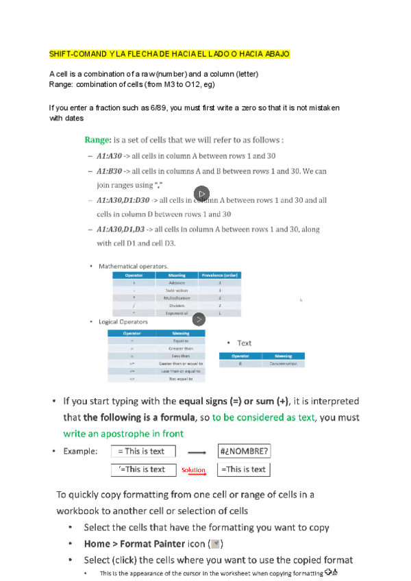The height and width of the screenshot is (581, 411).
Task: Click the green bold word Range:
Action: (x=98, y=140)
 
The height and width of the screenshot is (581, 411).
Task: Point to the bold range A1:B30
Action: (x=109, y=171)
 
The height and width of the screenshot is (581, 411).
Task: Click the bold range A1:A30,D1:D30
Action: (x=123, y=200)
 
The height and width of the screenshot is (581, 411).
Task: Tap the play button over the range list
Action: (x=201, y=193)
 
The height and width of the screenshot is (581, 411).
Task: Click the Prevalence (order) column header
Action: (x=220, y=275)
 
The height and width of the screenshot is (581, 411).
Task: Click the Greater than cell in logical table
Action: (x=176, y=348)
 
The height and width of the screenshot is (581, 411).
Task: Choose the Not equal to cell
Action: (x=176, y=378)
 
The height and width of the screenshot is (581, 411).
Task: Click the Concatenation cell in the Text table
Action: (x=283, y=364)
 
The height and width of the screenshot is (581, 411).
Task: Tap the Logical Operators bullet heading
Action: (x=123, y=321)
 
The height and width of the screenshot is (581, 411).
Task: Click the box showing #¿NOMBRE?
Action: (x=243, y=451)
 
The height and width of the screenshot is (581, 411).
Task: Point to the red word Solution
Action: (x=193, y=470)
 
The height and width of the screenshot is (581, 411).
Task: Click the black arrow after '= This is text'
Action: (x=197, y=452)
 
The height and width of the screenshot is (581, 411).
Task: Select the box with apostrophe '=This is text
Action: (x=142, y=469)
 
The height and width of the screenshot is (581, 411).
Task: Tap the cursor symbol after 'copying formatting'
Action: (x=332, y=572)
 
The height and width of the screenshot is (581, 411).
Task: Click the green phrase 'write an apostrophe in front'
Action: (x=123, y=434)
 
